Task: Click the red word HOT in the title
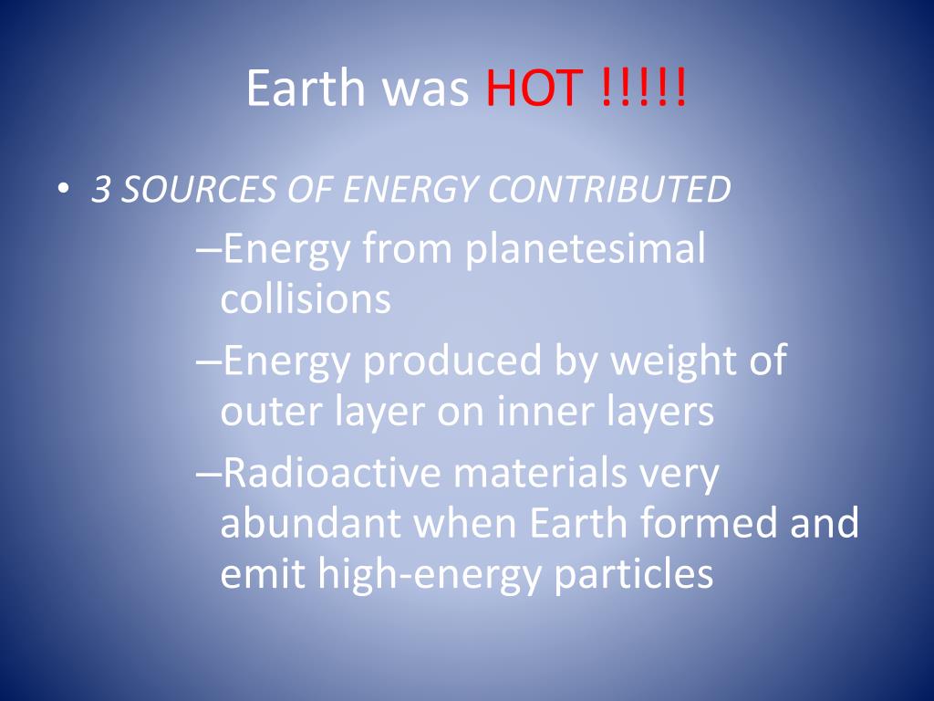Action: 534,89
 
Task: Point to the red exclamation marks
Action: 644,88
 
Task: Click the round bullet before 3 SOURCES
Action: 63,189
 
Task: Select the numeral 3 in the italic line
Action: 102,189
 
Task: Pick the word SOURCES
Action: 198,189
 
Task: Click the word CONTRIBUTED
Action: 608,189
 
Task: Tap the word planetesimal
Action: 585,249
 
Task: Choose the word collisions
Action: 306,298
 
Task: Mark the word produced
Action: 451,361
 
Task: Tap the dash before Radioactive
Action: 209,475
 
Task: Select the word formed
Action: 709,523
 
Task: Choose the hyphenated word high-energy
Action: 429,575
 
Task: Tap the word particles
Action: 634,575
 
